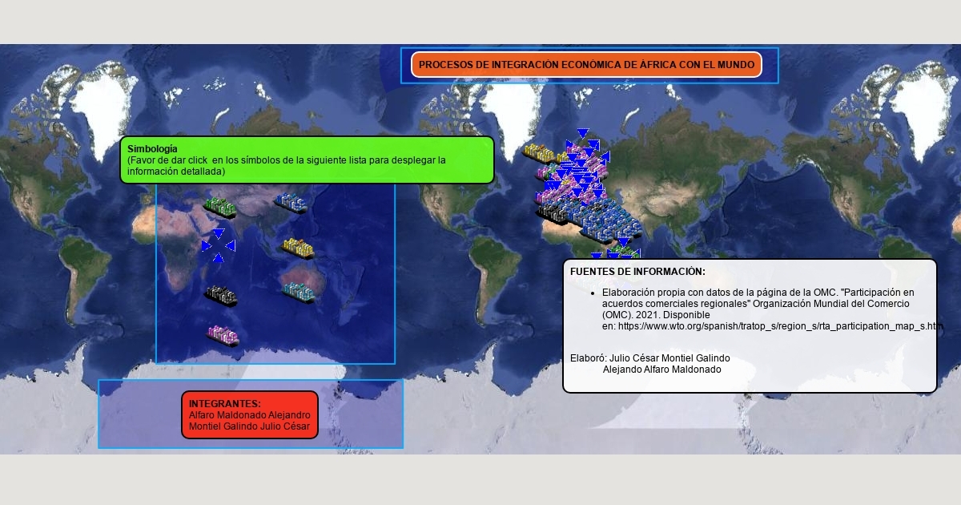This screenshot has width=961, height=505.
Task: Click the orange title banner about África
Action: [586, 65]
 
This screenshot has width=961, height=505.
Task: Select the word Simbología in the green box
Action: [152, 149]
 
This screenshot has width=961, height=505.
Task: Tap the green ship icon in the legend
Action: [220, 208]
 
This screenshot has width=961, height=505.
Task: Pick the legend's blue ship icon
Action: [291, 203]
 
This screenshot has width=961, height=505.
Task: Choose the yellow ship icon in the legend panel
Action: [298, 248]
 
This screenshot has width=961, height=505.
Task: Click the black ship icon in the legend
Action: [221, 297]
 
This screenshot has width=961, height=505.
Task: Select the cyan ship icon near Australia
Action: [299, 293]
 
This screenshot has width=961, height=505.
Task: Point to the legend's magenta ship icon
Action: [223, 336]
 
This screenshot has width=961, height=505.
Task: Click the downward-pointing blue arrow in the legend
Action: [219, 233]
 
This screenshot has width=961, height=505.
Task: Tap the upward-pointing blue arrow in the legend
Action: [219, 257]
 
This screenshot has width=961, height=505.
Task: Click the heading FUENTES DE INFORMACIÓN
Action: [637, 272]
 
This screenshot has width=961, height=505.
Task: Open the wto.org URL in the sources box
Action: [780, 326]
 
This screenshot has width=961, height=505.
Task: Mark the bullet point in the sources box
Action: [593, 293]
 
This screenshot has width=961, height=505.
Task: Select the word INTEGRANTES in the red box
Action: [224, 404]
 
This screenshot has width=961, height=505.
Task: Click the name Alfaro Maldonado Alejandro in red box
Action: [249, 415]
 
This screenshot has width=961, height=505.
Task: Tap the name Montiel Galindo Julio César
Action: [249, 426]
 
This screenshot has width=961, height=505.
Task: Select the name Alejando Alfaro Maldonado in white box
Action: [662, 370]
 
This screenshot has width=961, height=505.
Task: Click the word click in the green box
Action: [197, 160]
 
